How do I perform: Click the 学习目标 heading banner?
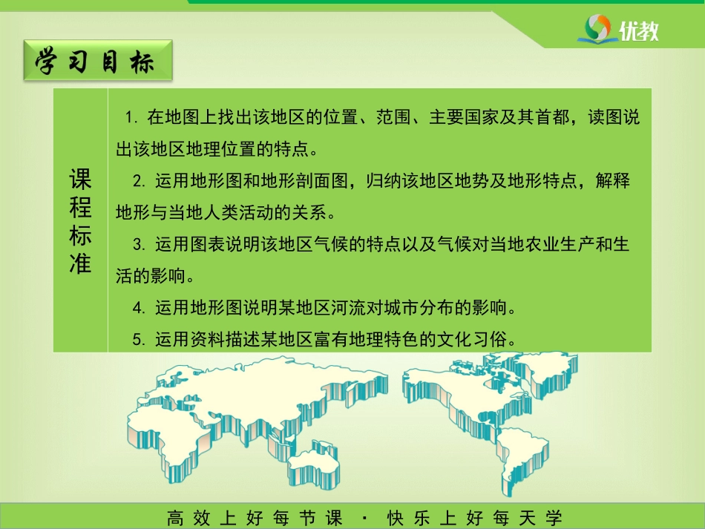coord(98,61)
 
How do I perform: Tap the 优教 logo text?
coord(638,30)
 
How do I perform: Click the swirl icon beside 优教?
coord(598,29)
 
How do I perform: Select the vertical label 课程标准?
coord(80,220)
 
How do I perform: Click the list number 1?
coord(131,118)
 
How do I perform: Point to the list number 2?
coord(139,181)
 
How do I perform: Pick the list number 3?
coord(139,245)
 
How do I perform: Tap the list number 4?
coord(139,309)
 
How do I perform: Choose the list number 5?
coord(139,340)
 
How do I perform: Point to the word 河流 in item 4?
coord(349,308)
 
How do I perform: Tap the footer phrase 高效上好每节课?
coord(255,518)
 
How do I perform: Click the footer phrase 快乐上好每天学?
coord(475,518)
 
